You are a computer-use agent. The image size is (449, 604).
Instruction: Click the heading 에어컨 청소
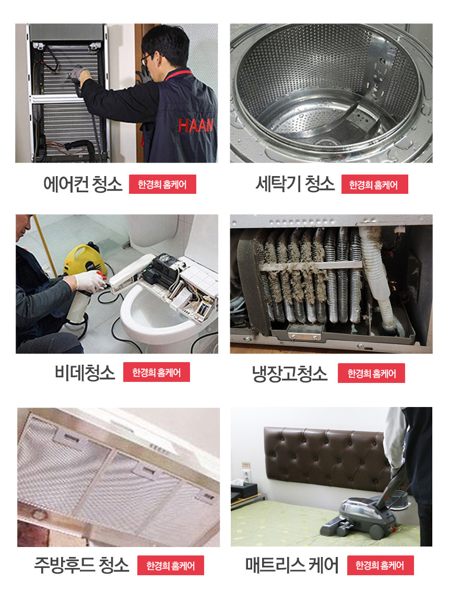pos(82,184)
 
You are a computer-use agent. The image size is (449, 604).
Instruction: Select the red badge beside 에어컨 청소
pos(162,184)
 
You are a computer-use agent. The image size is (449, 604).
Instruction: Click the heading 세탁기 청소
pos(295,184)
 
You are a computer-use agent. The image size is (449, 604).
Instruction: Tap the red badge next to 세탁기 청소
pos(375,184)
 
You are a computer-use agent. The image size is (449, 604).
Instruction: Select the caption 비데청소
pos(85,373)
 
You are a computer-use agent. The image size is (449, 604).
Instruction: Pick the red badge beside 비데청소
pos(157,372)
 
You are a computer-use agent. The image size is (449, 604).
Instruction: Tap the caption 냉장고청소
pos(289,373)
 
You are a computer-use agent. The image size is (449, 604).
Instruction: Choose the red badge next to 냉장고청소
pos(371,373)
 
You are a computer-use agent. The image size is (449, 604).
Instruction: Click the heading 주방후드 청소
pos(81,565)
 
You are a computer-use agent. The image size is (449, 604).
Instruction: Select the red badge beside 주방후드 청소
pos(170,565)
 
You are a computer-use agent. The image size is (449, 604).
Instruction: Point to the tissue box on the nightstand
pos(243,489)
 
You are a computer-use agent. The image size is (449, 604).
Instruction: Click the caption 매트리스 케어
pos(292,565)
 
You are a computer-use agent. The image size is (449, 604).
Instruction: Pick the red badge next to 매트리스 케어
pos(380,565)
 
